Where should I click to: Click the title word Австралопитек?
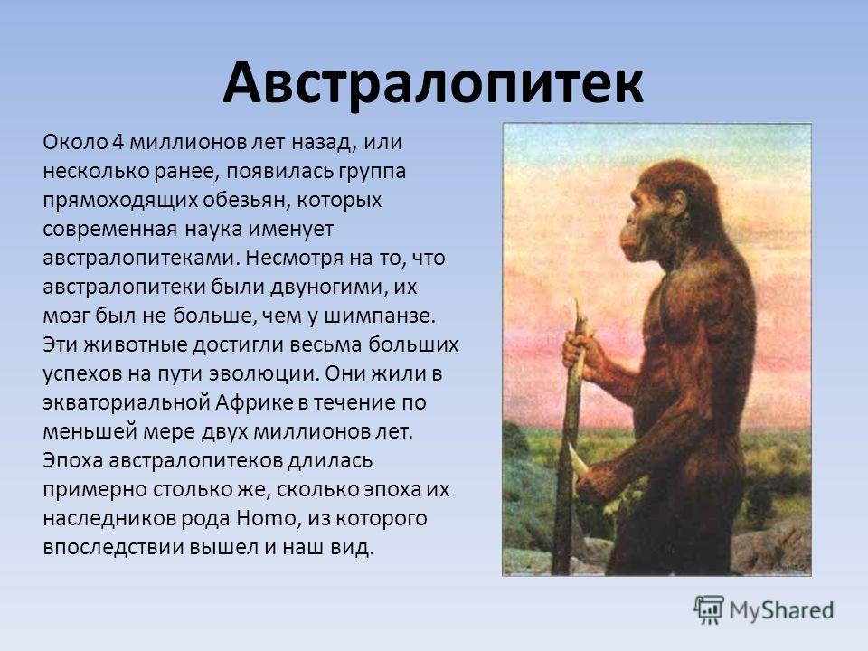[433, 83]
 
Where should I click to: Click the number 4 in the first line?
[118, 142]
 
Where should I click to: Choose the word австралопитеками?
[141, 259]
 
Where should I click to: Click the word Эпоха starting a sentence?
[73, 460]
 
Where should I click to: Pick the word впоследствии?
[113, 547]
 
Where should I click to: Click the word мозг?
[65, 316]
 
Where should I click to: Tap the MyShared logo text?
[781, 610]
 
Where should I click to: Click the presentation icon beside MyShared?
[709, 610]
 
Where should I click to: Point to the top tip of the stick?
[577, 302]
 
